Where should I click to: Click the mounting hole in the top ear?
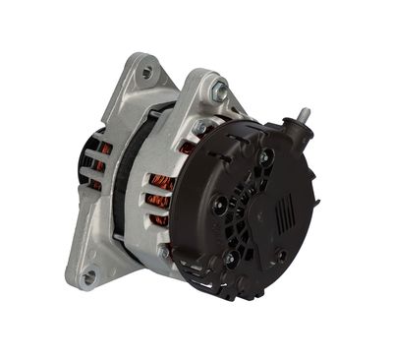tap(147, 72)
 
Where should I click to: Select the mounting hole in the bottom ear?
tap(90, 276)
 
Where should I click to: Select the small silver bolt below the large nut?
tap(200, 127)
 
